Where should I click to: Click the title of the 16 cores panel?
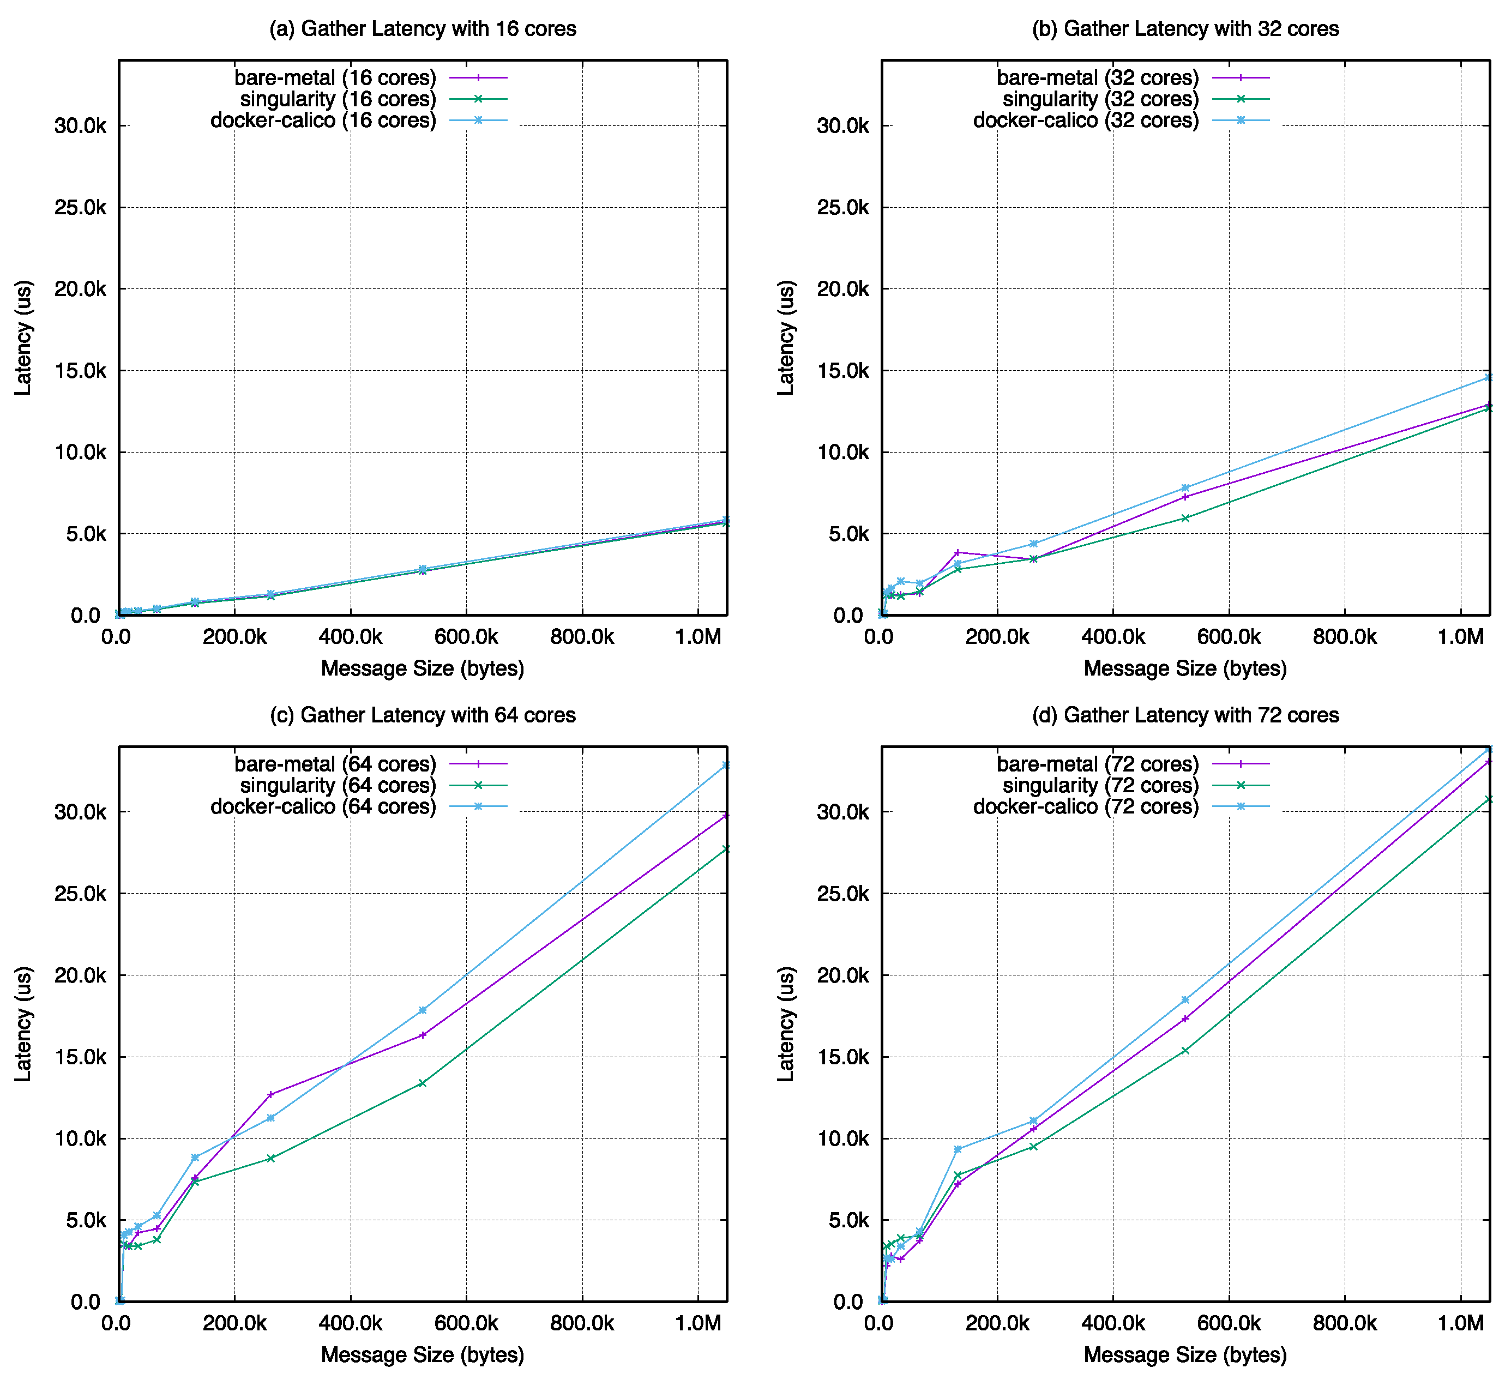coord(423,29)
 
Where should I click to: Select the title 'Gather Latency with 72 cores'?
coord(1185,715)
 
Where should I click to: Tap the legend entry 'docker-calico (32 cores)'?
coord(1085,120)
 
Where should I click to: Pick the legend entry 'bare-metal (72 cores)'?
coord(1097,764)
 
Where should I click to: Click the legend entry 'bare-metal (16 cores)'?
coord(335,77)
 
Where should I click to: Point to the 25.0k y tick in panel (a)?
coord(81,208)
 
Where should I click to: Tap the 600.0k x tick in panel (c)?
coord(466,1324)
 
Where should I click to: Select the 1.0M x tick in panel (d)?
coord(1460,1324)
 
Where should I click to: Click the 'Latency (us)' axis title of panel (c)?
coord(24,1024)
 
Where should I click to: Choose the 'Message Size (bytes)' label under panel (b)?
coord(1185,668)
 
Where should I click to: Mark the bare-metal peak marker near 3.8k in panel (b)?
coord(958,552)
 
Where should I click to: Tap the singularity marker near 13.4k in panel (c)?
coord(423,1083)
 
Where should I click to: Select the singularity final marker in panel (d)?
coord(1489,799)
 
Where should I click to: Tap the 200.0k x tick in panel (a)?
coord(234,637)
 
